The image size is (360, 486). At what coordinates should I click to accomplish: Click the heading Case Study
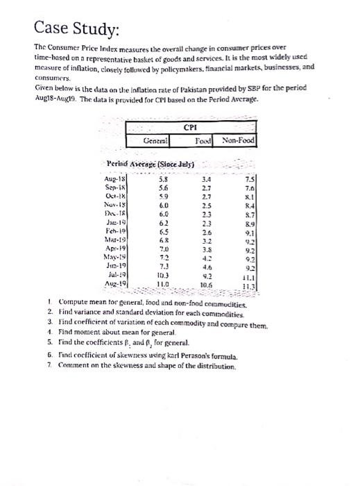[x=76, y=30]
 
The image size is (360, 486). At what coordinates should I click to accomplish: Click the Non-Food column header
[x=239, y=141]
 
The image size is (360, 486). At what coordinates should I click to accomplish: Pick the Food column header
[x=203, y=141]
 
